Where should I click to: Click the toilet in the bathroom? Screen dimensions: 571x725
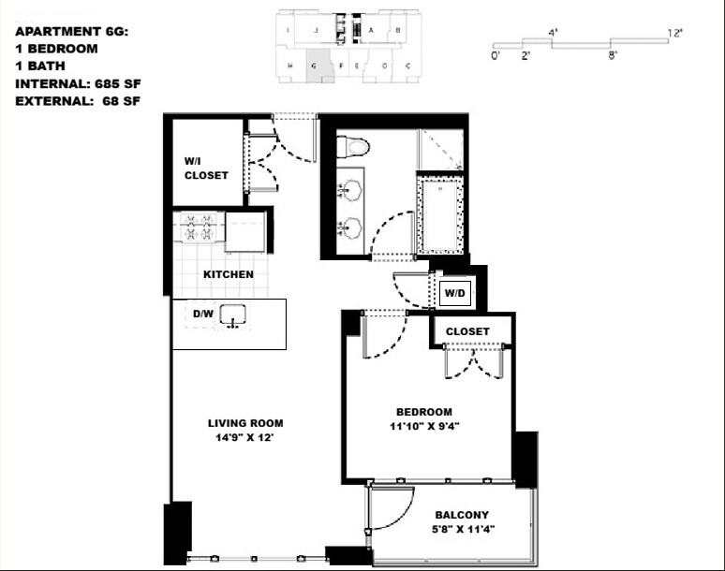click(354, 147)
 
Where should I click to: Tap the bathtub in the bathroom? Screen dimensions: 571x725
click(439, 215)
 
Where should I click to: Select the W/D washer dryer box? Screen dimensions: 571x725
click(455, 293)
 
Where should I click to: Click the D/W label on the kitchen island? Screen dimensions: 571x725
click(203, 315)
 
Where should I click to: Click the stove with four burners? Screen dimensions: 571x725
click(198, 228)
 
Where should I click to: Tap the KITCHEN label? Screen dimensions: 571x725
click(229, 274)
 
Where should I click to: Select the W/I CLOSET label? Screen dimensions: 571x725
click(205, 168)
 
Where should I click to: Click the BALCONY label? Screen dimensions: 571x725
click(462, 515)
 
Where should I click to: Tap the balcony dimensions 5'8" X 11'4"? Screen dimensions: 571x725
click(462, 529)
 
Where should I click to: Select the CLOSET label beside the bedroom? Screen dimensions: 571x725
click(467, 331)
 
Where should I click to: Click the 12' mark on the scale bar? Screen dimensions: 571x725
click(674, 33)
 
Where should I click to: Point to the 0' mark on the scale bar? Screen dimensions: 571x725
click(495, 56)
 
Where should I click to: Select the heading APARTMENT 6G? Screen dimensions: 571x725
click(71, 31)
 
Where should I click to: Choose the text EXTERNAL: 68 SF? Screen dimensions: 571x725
click(78, 101)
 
